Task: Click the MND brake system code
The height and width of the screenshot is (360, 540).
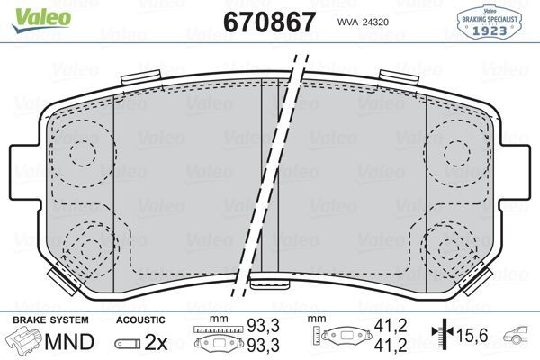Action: (x=69, y=342)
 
